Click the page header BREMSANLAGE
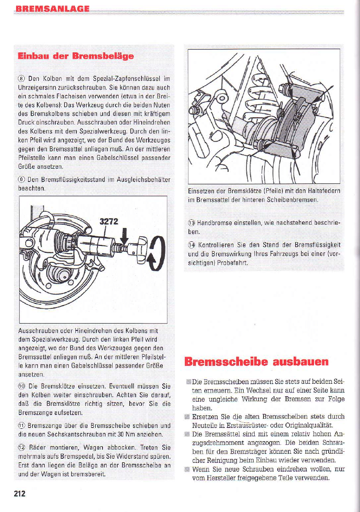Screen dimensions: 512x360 click(x=52, y=9)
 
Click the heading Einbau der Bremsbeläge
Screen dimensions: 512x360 click(x=76, y=56)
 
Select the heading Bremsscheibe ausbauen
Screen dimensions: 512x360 click(x=256, y=361)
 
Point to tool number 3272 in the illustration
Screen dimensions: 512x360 click(x=109, y=221)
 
